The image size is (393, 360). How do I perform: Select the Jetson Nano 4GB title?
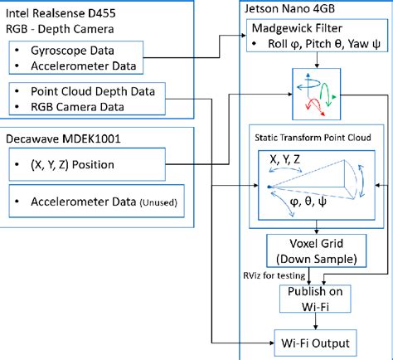[289, 9]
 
